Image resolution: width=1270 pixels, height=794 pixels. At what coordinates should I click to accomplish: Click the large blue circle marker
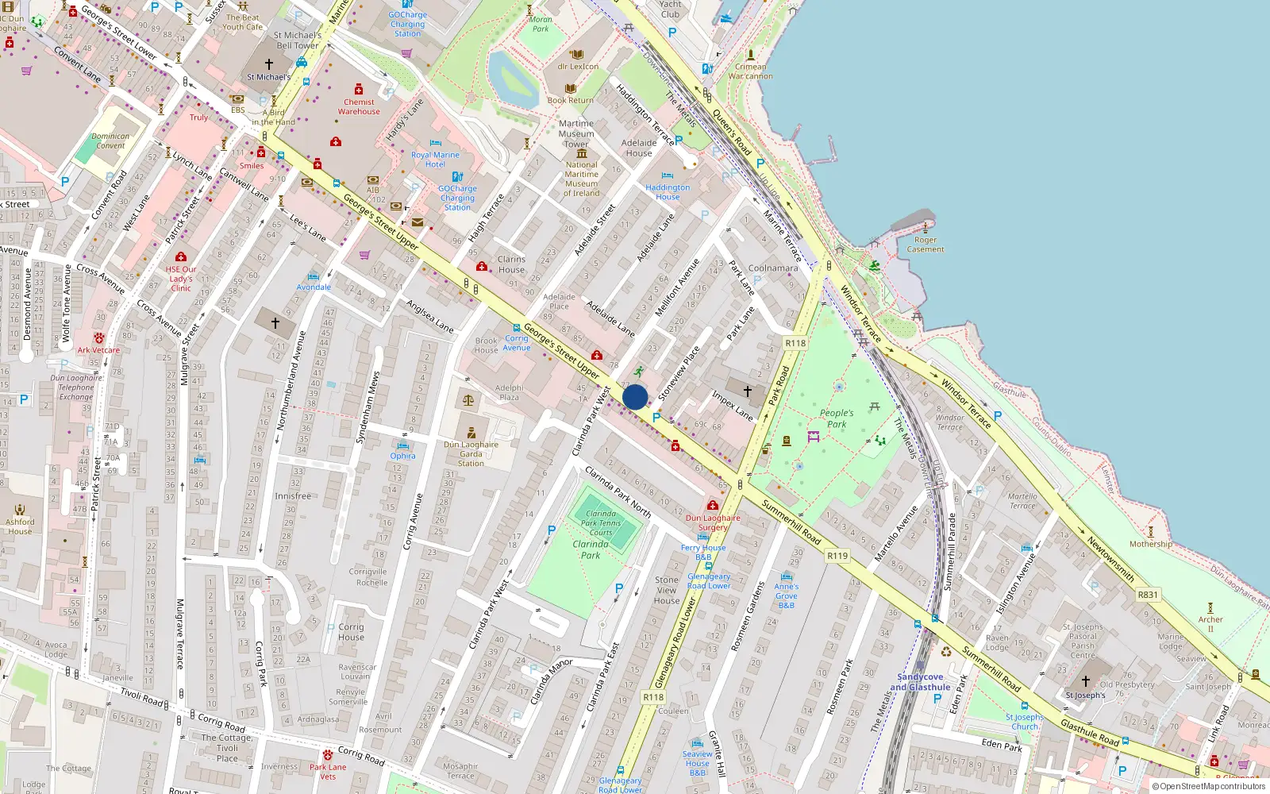(x=635, y=397)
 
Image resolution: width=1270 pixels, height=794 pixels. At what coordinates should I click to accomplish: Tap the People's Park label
(x=837, y=418)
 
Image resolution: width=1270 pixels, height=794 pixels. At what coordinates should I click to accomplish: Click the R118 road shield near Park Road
(x=795, y=343)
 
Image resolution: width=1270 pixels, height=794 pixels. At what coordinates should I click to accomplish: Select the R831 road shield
(x=1148, y=594)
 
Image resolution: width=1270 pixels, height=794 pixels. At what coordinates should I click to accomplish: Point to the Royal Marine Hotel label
(x=435, y=160)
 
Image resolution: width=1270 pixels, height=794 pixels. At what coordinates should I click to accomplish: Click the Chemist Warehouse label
(x=359, y=106)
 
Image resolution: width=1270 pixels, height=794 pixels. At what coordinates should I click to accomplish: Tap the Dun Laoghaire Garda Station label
(x=471, y=453)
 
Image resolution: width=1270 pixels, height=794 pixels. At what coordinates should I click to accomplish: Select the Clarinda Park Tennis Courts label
(x=601, y=522)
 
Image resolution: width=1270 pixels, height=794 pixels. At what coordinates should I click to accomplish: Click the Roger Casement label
(x=926, y=245)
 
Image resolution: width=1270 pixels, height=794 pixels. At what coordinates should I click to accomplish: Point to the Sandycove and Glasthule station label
(x=920, y=682)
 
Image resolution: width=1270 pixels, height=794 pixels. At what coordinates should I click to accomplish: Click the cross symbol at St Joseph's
(x=1086, y=681)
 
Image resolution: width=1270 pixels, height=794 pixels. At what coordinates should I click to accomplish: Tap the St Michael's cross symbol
(x=269, y=64)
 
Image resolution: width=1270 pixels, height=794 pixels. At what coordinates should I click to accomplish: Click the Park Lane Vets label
(x=328, y=772)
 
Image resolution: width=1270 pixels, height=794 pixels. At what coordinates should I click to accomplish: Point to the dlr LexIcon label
(x=578, y=67)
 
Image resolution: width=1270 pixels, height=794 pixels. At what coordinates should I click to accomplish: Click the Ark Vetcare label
(x=98, y=350)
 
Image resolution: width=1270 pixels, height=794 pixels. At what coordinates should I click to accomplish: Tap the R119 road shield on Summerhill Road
(x=837, y=556)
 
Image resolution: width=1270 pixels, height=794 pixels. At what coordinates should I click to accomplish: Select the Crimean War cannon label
(x=750, y=71)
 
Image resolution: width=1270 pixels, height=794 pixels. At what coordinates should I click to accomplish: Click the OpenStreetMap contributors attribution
(x=1208, y=786)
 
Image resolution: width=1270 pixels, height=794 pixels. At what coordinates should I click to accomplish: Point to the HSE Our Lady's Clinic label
(x=181, y=279)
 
